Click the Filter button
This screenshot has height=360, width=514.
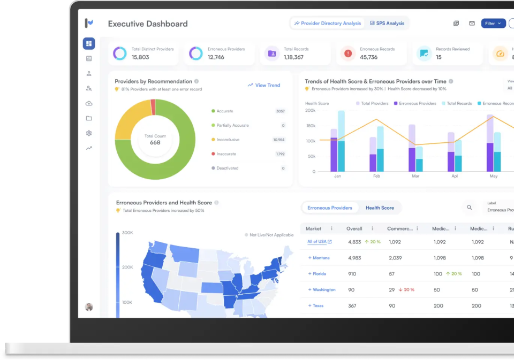(493, 24)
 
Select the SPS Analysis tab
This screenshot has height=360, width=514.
(387, 24)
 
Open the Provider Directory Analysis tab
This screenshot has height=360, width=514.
(328, 24)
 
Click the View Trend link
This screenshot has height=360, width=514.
(264, 85)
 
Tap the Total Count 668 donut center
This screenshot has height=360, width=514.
(155, 140)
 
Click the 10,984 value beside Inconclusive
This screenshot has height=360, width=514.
(278, 140)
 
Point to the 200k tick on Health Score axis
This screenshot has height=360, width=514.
(310, 110)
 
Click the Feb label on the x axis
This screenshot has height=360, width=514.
(376, 176)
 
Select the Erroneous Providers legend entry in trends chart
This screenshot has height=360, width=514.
(415, 103)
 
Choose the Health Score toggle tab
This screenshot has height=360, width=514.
(380, 208)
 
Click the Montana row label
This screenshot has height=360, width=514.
(321, 258)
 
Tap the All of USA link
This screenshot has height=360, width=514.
(317, 242)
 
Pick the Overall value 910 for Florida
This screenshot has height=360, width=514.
(352, 274)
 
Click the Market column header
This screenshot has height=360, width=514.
(314, 228)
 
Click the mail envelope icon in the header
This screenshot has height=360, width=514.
(472, 24)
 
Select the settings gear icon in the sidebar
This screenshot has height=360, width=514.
(89, 133)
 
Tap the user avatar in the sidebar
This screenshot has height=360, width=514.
(89, 307)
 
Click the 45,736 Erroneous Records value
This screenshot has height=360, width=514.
(368, 57)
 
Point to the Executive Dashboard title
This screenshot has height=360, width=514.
(148, 24)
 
